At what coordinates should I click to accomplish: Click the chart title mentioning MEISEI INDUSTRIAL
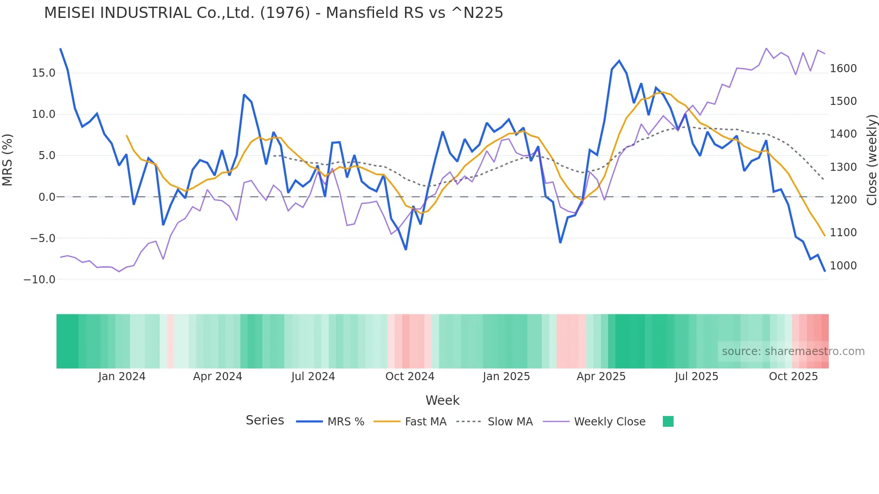click(x=274, y=13)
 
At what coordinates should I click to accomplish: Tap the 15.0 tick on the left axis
click(x=44, y=73)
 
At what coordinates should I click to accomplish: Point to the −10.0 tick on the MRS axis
click(x=39, y=280)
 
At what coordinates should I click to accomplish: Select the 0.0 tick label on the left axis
click(x=47, y=197)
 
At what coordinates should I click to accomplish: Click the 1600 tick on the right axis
click(x=843, y=69)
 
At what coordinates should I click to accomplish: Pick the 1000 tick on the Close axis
click(x=843, y=266)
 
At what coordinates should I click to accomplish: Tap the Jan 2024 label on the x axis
click(x=122, y=377)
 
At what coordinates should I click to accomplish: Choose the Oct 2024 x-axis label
click(x=410, y=377)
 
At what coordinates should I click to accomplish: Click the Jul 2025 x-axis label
click(x=696, y=377)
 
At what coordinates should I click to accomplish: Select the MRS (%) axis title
click(x=8, y=160)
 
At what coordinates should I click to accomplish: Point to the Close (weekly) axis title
click(x=871, y=160)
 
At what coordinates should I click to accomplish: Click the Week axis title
click(x=442, y=400)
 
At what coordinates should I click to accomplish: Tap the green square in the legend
click(x=668, y=421)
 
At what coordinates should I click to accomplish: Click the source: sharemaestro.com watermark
click(x=793, y=351)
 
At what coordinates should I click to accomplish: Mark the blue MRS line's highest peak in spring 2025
click(x=619, y=61)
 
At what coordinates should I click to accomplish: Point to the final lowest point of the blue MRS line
click(x=824, y=271)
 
